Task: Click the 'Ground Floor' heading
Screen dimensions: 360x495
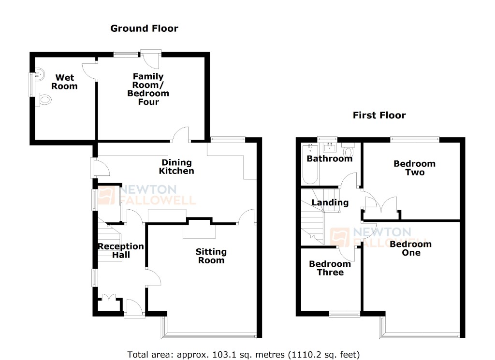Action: click(x=144, y=29)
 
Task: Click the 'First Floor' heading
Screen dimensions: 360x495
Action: click(x=379, y=115)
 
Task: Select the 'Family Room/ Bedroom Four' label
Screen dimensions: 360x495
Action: click(x=148, y=89)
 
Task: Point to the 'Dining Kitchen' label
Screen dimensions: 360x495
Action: click(x=177, y=167)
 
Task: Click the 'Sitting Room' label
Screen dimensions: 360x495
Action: click(x=211, y=256)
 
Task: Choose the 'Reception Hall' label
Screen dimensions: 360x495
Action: click(x=121, y=250)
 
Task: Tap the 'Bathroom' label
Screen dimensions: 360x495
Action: click(x=330, y=158)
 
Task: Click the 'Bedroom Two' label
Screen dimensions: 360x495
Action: click(x=414, y=168)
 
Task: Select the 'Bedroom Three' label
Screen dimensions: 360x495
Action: click(x=330, y=268)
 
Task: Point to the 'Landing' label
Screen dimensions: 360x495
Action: click(x=330, y=202)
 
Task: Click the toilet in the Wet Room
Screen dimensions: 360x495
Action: click(x=44, y=101)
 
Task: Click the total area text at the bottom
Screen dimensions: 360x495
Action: click(x=244, y=354)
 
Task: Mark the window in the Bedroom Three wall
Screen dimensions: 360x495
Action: click(x=345, y=314)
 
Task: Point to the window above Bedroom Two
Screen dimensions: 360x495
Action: click(x=415, y=140)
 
